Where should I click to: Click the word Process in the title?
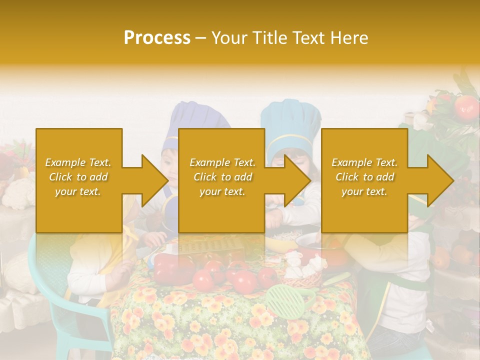pyautogui.click(x=157, y=38)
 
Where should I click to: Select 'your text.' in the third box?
pyautogui.click(x=364, y=191)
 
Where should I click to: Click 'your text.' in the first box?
pyautogui.click(x=78, y=191)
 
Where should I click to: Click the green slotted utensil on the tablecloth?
pyautogui.click(x=284, y=300)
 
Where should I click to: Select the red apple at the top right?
pyautogui.click(x=467, y=106)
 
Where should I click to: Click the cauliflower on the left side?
pyautogui.click(x=19, y=194)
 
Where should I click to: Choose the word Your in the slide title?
pyautogui.click(x=230, y=38)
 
